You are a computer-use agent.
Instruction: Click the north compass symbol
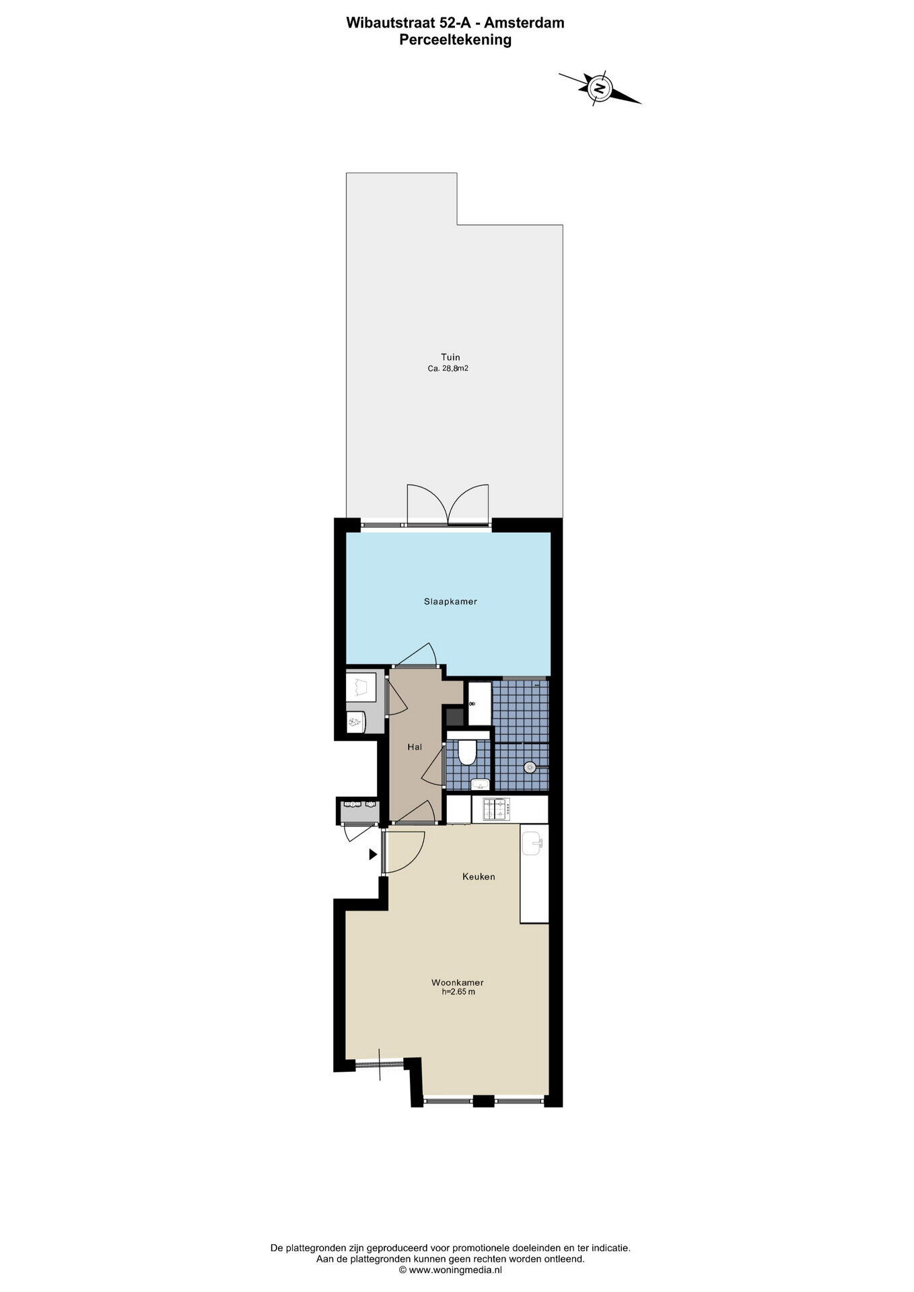pos(599,87)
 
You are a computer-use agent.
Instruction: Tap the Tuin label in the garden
pos(450,357)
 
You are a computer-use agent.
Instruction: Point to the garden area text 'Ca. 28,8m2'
pos(448,369)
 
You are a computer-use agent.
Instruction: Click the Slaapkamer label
pos(450,602)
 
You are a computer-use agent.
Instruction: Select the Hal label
pos(415,747)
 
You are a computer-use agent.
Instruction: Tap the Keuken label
pos(479,877)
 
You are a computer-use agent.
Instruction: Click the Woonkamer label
pos(458,982)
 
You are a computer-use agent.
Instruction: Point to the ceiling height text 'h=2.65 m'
pos(458,991)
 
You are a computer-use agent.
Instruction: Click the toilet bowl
pos(466,752)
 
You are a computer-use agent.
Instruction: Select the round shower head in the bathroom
pos(530,766)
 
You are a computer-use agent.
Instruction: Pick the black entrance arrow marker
pos(373,855)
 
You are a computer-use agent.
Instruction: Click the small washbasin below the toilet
pos(480,783)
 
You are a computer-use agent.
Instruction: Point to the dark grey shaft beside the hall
pos(455,715)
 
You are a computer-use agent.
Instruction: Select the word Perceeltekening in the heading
pos(456,40)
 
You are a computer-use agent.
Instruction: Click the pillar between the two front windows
pos(483,1102)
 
